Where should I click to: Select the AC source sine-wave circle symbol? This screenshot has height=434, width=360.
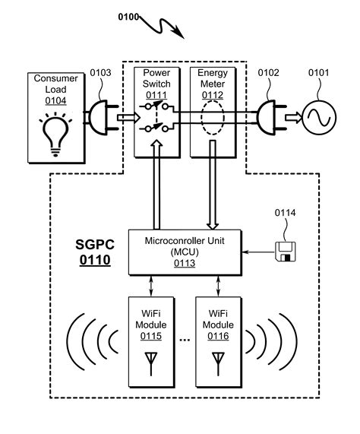320,116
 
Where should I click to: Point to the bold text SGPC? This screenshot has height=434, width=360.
93,246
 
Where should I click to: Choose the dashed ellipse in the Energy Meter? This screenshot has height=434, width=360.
213,117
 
